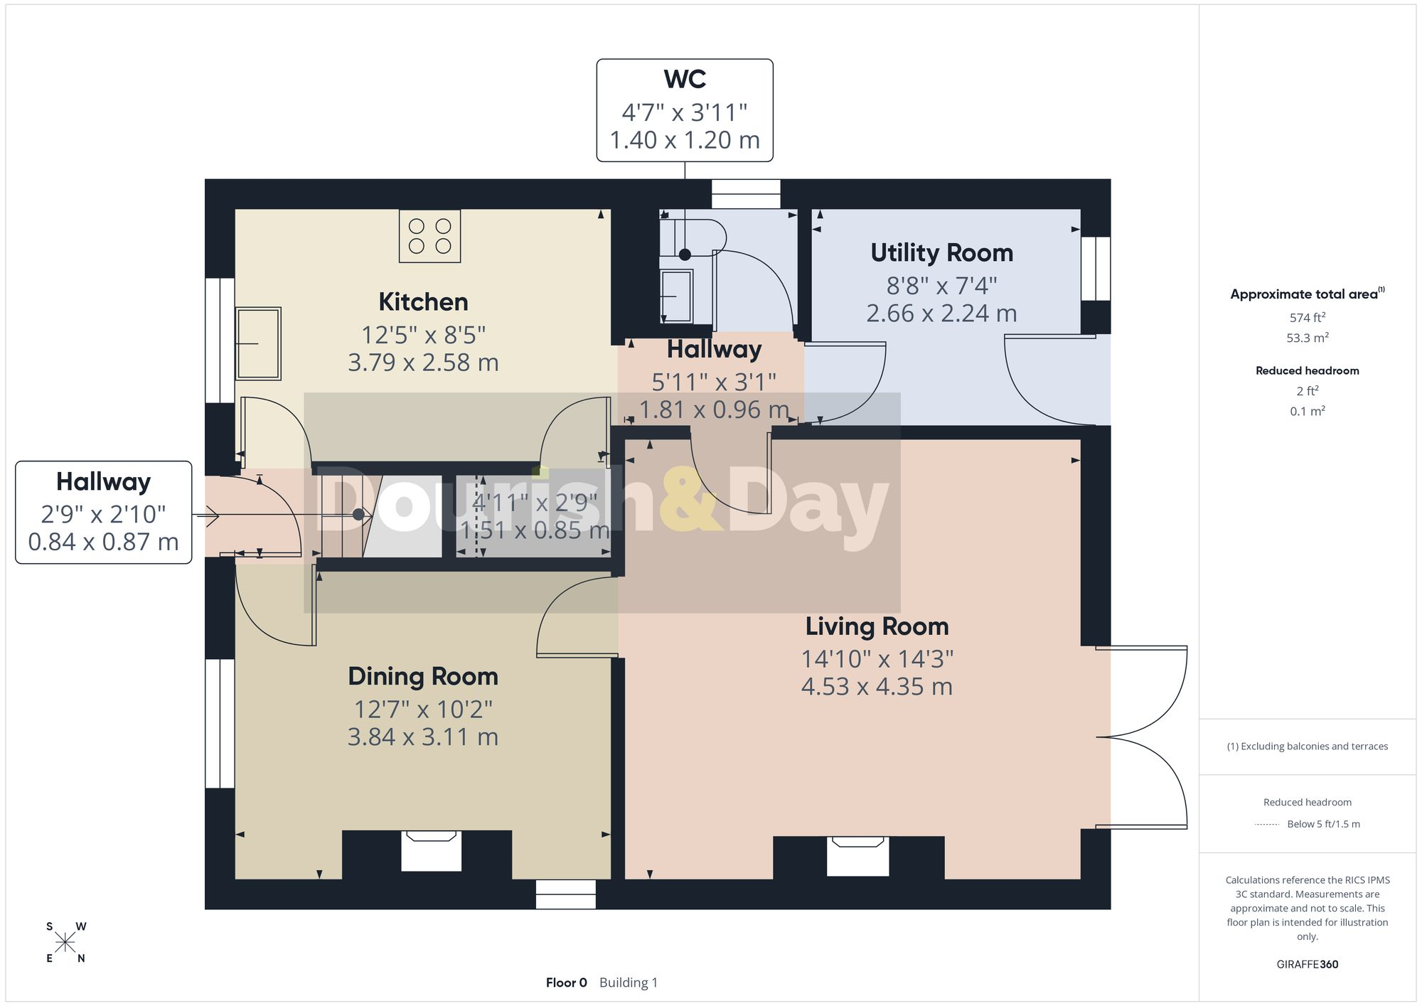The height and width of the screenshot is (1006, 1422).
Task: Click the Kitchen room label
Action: [x=423, y=302]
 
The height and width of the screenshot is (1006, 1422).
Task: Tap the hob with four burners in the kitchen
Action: [x=429, y=236]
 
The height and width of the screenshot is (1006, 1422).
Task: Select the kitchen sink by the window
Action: [x=258, y=343]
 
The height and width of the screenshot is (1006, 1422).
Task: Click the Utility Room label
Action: [x=941, y=253]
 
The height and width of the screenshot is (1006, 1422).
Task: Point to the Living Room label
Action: [x=877, y=626]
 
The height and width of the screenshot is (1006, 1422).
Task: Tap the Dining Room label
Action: [x=423, y=676]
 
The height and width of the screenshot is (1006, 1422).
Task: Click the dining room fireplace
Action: [x=431, y=850]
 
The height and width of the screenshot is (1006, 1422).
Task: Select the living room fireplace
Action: [x=857, y=856]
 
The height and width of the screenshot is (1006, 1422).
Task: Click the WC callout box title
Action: [x=685, y=79]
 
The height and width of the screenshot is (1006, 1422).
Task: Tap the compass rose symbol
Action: [x=65, y=943]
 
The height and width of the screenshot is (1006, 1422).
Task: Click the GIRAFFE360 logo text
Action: [x=1308, y=965]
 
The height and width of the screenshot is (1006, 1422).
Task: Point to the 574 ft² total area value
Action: [x=1308, y=317]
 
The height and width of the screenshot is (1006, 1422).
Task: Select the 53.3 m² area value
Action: [x=1308, y=338]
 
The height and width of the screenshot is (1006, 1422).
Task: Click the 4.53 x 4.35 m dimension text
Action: [x=877, y=687]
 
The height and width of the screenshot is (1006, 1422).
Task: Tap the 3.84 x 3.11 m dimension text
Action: [x=423, y=737]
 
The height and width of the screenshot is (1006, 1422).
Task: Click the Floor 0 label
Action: [x=567, y=983]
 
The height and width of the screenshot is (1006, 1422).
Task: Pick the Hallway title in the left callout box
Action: [x=104, y=482]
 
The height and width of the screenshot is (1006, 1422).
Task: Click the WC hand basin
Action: [x=676, y=296]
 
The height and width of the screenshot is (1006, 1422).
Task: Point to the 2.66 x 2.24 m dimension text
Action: [x=941, y=314]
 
